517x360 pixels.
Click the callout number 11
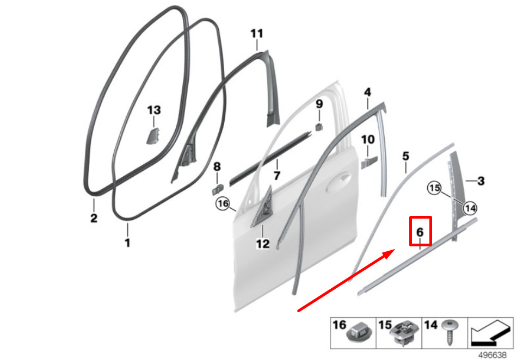pyautogui.click(x=257, y=34)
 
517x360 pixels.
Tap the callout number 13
pyautogui.click(x=154, y=110)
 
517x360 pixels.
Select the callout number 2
pyautogui.click(x=94, y=218)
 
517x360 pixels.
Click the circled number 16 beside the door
pyautogui.click(x=223, y=203)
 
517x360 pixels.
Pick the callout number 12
pyautogui.click(x=263, y=244)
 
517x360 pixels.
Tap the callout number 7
pyautogui.click(x=277, y=175)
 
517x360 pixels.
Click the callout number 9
pyautogui.click(x=319, y=104)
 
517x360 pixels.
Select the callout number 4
pyautogui.click(x=368, y=92)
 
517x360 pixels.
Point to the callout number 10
pyautogui.click(x=368, y=140)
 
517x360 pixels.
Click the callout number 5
pyautogui.click(x=405, y=156)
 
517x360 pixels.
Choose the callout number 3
pyautogui.click(x=481, y=181)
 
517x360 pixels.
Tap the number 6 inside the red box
pyautogui.click(x=420, y=232)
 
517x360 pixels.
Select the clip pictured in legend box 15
pyautogui.click(x=405, y=334)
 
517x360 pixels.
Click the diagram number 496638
pyautogui.click(x=493, y=355)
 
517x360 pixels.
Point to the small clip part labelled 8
pyautogui.click(x=217, y=190)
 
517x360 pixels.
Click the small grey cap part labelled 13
pyautogui.click(x=152, y=136)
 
